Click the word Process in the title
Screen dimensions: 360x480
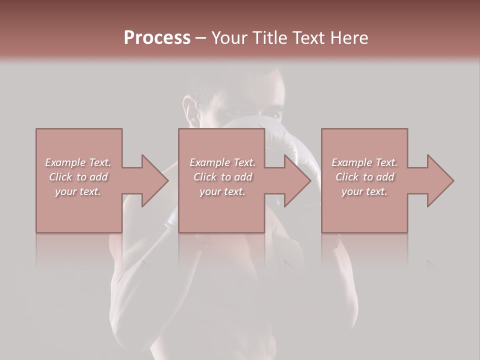click(157, 38)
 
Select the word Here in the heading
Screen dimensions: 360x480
click(349, 38)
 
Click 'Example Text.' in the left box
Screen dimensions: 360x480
click(78, 162)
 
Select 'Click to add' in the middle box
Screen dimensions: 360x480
click(222, 177)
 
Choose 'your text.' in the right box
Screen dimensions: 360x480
click(364, 191)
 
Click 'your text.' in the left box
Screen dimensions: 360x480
click(78, 191)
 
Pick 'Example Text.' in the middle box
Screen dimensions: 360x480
click(222, 162)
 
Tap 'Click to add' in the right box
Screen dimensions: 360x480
click(364, 177)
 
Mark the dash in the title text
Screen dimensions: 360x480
click(201, 38)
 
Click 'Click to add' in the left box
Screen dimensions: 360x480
click(78, 177)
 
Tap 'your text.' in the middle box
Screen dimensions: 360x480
click(222, 191)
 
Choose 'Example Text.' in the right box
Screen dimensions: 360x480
click(364, 162)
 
